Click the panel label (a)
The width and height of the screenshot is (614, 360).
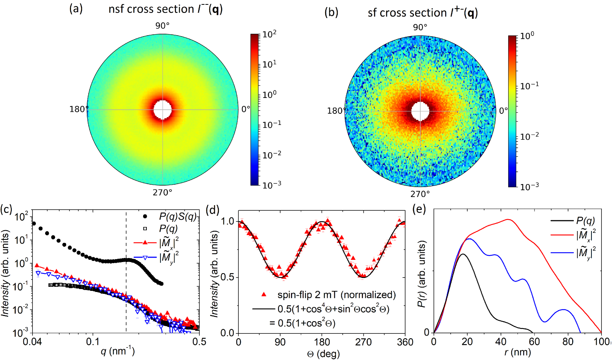click(x=76, y=9)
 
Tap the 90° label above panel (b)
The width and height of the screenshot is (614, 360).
click(x=420, y=27)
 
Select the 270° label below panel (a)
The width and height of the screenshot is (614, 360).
click(x=163, y=193)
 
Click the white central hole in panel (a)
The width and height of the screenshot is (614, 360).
click(x=163, y=110)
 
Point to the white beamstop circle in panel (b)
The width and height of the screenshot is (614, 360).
click(x=420, y=111)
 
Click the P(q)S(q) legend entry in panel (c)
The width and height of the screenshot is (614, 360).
click(x=177, y=217)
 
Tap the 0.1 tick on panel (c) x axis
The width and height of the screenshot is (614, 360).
click(x=93, y=342)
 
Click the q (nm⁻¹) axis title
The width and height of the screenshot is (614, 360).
click(x=118, y=351)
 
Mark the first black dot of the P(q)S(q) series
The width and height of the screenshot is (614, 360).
click(x=34, y=223)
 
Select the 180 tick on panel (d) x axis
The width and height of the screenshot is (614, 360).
click(x=322, y=342)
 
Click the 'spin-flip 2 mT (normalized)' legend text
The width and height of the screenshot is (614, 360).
click(x=336, y=295)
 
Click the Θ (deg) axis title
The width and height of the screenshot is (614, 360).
click(x=323, y=354)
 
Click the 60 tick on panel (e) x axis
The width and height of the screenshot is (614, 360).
click(x=534, y=342)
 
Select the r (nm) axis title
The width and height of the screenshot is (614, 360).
click(x=517, y=352)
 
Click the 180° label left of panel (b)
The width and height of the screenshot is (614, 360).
click(x=336, y=111)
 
